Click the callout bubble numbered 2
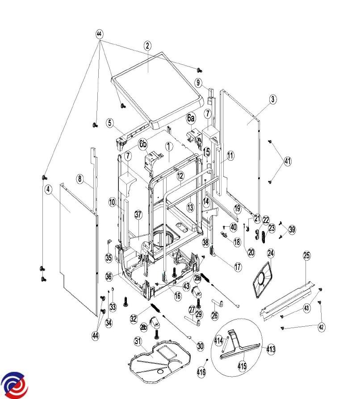pos(147,45)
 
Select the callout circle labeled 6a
pos(191,118)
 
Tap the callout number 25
pos(306,256)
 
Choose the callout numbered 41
pos(287,162)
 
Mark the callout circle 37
pos(138,215)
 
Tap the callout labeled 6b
pos(142,144)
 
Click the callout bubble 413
pos(271,349)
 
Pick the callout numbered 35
pos(109,258)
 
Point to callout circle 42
pos(321,327)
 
